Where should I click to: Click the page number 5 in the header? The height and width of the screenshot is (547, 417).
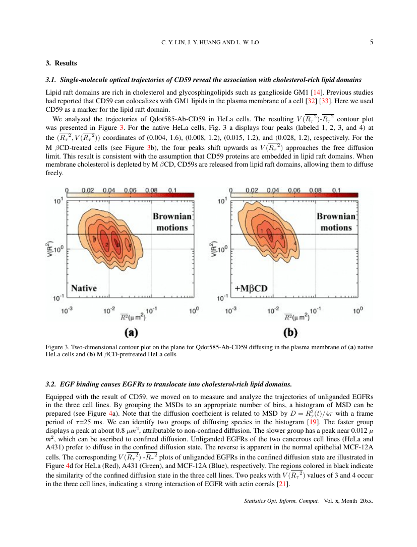point(371,43)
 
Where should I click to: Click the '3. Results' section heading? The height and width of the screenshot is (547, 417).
point(61,63)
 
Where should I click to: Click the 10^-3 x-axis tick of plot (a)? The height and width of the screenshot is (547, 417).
point(67,311)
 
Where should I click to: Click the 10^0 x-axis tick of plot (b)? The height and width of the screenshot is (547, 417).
point(357,311)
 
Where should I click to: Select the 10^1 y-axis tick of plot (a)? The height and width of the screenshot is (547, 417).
point(58,202)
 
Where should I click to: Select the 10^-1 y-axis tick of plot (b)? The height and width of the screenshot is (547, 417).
point(222,298)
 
